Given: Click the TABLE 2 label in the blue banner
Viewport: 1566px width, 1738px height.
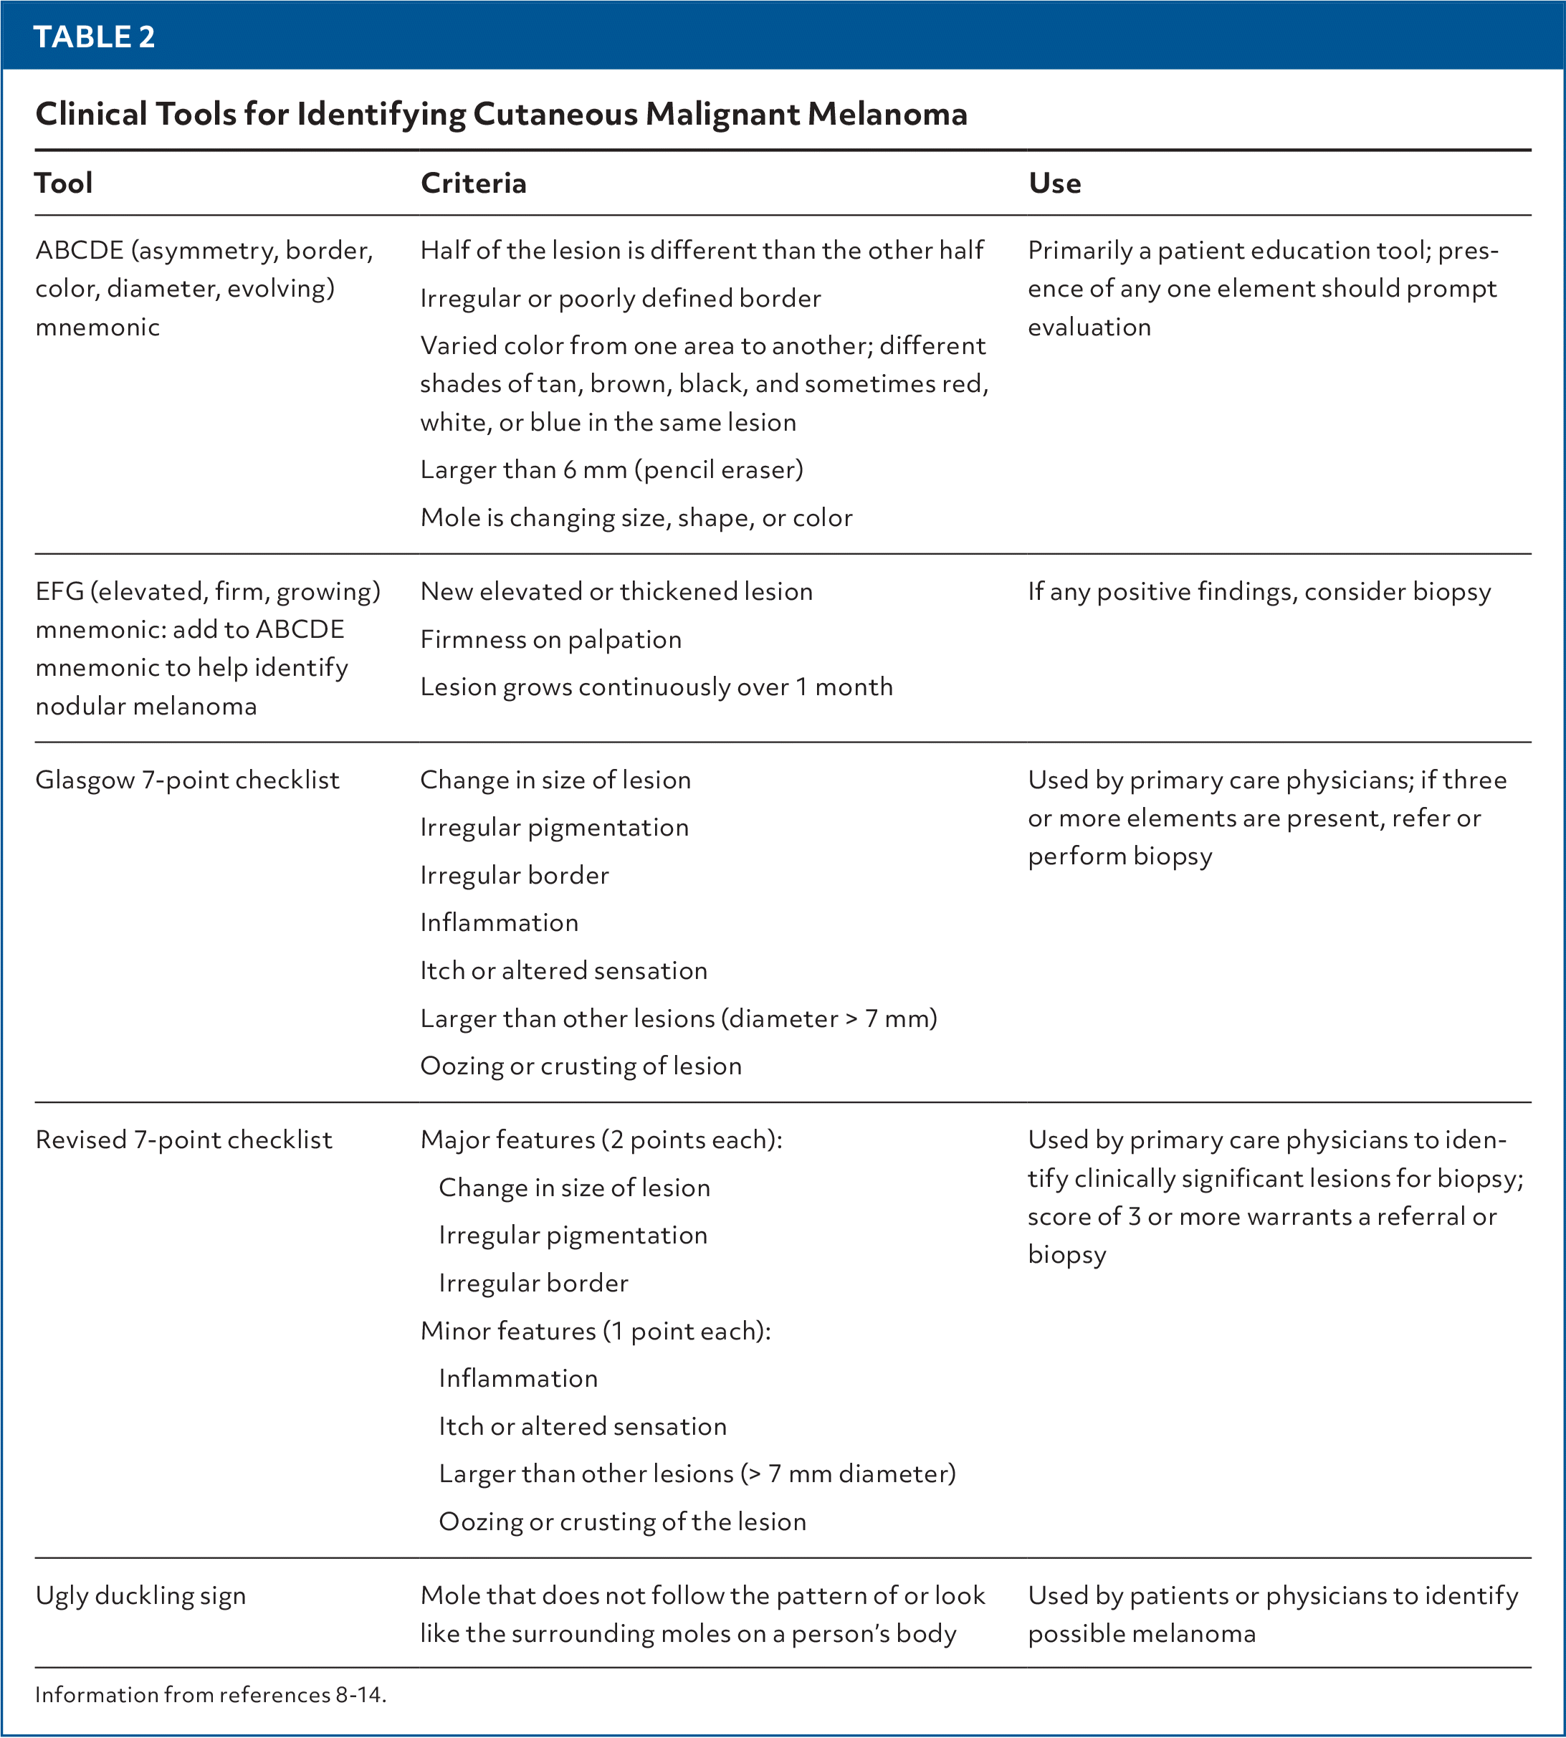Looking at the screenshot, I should [95, 36].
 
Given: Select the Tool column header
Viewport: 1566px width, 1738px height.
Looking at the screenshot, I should [64, 183].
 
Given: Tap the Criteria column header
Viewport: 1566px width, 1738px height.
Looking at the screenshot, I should [473, 183].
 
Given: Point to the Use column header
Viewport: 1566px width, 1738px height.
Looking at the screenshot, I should [1054, 183].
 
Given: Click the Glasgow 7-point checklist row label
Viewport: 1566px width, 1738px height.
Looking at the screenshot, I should [188, 780].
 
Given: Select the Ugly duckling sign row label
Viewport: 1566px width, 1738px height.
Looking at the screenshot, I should [140, 1595].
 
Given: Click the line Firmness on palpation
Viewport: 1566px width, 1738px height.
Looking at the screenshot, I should [550, 639].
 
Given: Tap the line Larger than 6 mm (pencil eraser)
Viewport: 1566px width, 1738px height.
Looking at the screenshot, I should [612, 469].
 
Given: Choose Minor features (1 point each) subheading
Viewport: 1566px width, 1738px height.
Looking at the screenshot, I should [596, 1331].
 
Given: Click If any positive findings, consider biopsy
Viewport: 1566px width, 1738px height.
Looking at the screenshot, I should [1259, 592].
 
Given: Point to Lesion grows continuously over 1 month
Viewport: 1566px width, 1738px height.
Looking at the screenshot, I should [657, 687].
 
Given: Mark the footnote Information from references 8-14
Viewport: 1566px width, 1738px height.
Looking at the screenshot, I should [211, 1695].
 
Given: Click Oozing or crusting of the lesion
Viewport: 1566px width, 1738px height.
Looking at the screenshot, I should [622, 1521].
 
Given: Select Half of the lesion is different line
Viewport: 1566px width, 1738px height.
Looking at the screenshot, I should [701, 250].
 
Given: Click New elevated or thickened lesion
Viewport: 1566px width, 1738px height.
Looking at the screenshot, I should [616, 592].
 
